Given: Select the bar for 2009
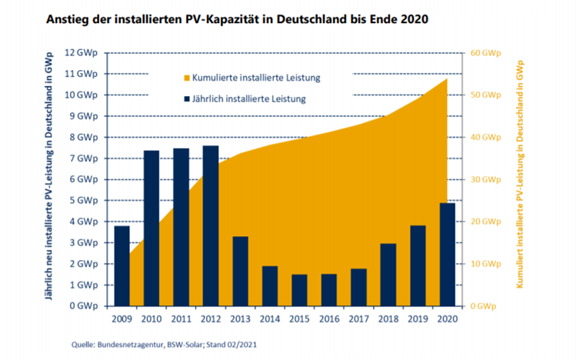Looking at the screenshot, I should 121,265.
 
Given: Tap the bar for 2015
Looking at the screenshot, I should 299,290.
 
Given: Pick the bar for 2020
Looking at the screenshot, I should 446,254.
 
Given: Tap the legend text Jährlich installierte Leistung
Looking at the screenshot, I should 250,98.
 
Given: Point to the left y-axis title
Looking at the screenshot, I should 50,179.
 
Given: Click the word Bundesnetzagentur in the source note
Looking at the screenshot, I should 113,345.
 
